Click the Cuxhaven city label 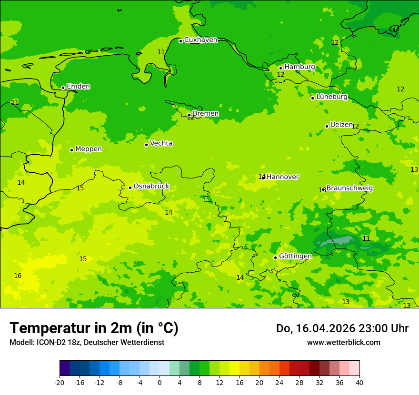200,40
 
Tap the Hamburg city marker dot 281,68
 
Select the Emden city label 78,87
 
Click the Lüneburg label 331,97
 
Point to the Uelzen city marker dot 327,126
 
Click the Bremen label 205,114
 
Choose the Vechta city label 161,143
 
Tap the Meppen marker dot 71,150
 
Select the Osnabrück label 151,186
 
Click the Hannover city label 282,177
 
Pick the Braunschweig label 349,188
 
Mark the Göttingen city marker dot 275,257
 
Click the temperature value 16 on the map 18,276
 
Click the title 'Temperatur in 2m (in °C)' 94,328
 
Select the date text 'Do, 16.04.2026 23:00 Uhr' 342,328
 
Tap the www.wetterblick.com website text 343,343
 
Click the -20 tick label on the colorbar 60,383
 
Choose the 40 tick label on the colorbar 359,383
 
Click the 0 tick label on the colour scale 160,383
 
